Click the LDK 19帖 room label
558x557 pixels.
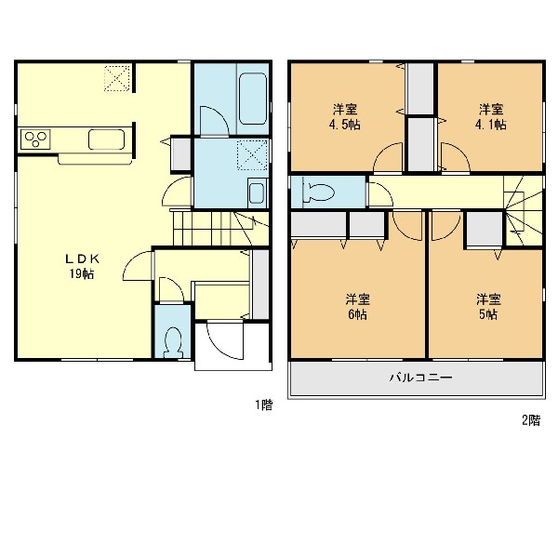82,266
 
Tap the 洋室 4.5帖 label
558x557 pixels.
345,116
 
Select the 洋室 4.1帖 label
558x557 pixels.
491,116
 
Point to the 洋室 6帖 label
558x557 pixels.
358,307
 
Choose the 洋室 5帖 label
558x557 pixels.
488,307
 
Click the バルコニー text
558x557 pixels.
420,378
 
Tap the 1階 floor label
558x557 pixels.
264,405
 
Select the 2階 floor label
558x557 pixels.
531,420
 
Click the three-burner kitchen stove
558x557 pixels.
35,139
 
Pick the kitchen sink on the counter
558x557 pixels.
107,139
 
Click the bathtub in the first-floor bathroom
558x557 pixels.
253,99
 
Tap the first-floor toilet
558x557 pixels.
173,342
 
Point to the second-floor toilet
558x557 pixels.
318,192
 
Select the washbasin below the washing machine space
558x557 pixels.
257,192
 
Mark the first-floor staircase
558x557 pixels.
220,228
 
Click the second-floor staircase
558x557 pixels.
523,211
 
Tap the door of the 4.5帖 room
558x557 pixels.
387,158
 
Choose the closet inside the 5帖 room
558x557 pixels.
485,229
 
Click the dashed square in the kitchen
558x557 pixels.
118,78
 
